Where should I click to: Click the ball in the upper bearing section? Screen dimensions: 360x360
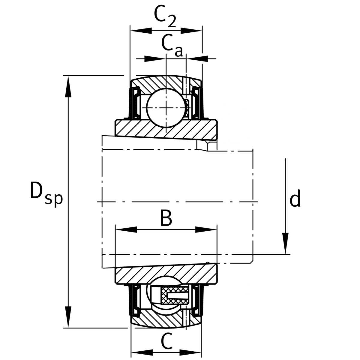(x=165, y=107)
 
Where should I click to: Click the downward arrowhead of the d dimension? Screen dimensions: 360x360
(x=286, y=243)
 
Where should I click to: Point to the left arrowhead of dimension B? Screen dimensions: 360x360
(x=126, y=230)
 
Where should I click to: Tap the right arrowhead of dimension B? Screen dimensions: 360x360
(x=206, y=230)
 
